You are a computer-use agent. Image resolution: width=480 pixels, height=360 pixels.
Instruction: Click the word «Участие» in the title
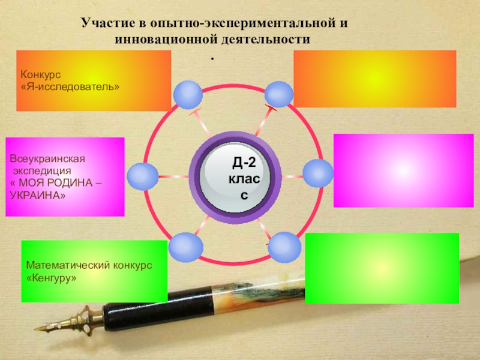(x=104, y=25)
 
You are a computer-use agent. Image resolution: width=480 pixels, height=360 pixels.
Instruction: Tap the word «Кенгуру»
(x=52, y=278)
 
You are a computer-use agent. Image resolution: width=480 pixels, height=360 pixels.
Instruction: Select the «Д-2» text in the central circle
(x=244, y=161)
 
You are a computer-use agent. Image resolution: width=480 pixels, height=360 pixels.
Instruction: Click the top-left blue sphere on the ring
(x=188, y=95)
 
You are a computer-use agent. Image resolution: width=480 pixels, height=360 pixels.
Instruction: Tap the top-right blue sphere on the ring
(x=279, y=94)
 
